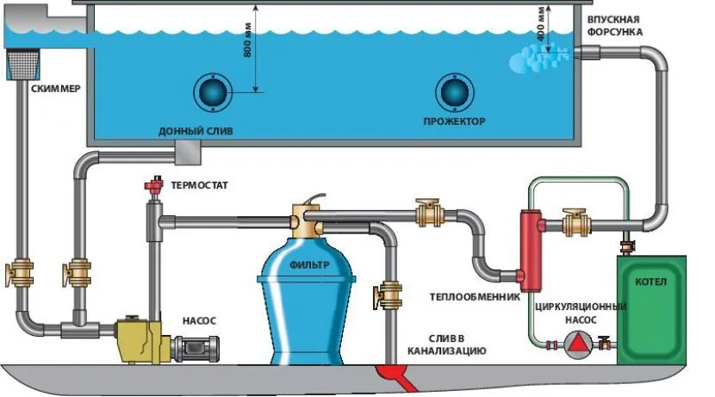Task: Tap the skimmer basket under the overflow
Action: (21, 60)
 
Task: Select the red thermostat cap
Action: (156, 185)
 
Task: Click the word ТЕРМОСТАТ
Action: (201, 184)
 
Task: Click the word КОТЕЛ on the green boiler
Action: (656, 282)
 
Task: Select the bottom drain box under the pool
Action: (186, 153)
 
